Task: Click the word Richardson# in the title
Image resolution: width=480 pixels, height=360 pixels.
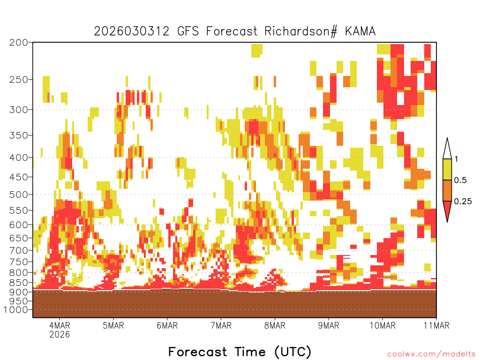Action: (x=300, y=31)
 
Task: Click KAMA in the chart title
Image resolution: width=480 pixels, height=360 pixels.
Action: (x=360, y=31)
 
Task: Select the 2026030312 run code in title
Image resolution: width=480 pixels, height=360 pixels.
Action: (x=132, y=31)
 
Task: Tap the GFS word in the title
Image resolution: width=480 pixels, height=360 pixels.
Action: (x=188, y=31)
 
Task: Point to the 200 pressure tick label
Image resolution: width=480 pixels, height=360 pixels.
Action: (x=19, y=43)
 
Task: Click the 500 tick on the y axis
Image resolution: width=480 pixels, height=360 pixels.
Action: (x=19, y=195)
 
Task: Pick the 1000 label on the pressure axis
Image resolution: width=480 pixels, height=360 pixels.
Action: (x=15, y=310)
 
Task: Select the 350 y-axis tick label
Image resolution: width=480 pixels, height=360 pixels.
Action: (x=19, y=135)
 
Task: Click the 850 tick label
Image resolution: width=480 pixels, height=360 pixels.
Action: (x=19, y=283)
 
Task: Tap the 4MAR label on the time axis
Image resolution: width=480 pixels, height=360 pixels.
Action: (x=60, y=325)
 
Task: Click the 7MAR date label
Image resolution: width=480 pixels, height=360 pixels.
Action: (x=221, y=325)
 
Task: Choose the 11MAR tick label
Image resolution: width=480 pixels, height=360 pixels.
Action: (x=436, y=325)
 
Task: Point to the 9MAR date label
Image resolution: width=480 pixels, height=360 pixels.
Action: (x=329, y=325)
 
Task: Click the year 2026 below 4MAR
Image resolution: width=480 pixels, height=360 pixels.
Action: (x=60, y=334)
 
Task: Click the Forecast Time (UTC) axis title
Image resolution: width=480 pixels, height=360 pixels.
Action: (x=240, y=352)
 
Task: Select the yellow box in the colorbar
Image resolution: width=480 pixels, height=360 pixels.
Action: (x=447, y=169)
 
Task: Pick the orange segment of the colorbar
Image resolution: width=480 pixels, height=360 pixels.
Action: (x=447, y=190)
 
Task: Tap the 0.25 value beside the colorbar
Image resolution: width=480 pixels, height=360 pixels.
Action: (x=463, y=202)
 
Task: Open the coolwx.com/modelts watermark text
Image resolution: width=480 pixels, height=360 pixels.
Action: (x=432, y=354)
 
